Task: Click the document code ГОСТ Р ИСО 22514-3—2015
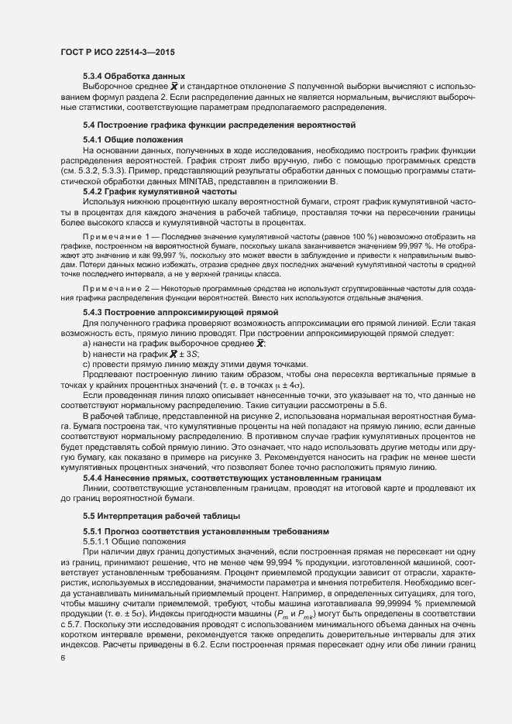pos(117,53)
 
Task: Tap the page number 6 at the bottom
pos(63,657)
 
